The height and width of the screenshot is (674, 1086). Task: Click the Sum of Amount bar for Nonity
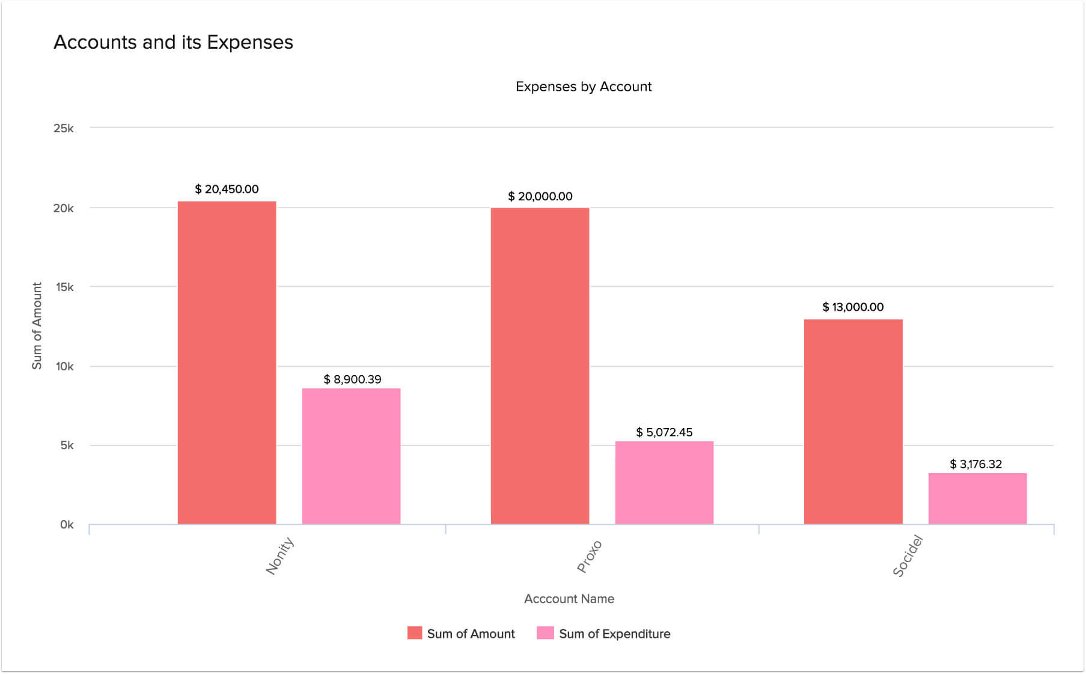[x=227, y=363]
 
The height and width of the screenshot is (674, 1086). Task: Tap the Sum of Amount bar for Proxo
[x=540, y=366]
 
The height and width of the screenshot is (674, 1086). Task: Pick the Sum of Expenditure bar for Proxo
[x=664, y=482]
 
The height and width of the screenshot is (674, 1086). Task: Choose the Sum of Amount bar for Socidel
[x=853, y=421]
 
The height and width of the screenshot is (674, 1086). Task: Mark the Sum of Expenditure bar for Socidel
[x=977, y=498]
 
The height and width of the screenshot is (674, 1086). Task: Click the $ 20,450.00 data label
[x=227, y=189]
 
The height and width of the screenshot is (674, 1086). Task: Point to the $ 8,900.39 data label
[x=352, y=379]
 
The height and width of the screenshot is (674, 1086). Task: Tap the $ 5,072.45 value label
[x=664, y=432]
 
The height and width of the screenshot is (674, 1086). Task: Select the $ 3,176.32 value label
[x=975, y=464]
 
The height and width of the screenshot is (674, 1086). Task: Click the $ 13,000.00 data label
[x=853, y=307]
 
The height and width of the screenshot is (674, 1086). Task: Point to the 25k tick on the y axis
[x=64, y=128]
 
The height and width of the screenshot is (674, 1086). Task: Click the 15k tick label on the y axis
[x=64, y=287]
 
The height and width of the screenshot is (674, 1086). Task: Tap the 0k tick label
[x=67, y=525]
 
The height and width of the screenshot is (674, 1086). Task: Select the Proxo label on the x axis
[x=589, y=557]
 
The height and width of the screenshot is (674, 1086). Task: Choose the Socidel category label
[x=907, y=556]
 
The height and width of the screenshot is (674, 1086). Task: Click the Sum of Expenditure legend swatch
[x=545, y=633]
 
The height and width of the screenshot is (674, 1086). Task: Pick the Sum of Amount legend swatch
[x=415, y=633]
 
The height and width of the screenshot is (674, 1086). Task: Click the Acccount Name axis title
[x=569, y=599]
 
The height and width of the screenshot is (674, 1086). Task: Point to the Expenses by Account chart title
[x=583, y=87]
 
